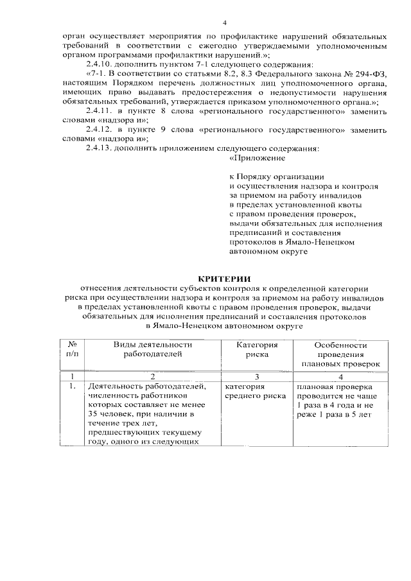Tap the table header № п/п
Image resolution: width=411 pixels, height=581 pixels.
point(73,349)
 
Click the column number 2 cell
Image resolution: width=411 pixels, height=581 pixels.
point(153,376)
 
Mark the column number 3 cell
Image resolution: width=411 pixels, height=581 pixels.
point(256,376)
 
